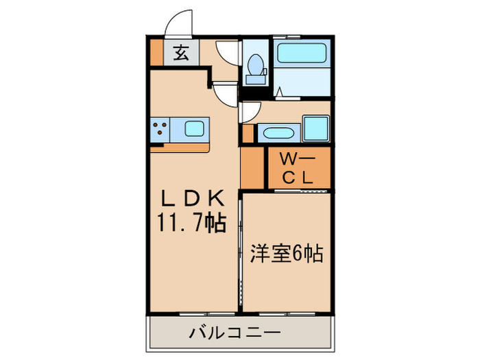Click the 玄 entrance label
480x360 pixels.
pyautogui.click(x=180, y=53)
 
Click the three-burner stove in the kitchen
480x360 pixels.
pyautogui.click(x=161, y=128)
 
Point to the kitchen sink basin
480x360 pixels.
pyautogui.click(x=194, y=128)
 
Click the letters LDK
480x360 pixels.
pyautogui.click(x=192, y=199)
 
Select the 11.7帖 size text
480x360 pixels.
pyautogui.click(x=192, y=224)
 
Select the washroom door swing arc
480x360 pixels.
pyautogui.click(x=249, y=111)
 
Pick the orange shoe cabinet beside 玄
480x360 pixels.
pyautogui.click(x=157, y=53)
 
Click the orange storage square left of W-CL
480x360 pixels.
pyautogui.click(x=252, y=168)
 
